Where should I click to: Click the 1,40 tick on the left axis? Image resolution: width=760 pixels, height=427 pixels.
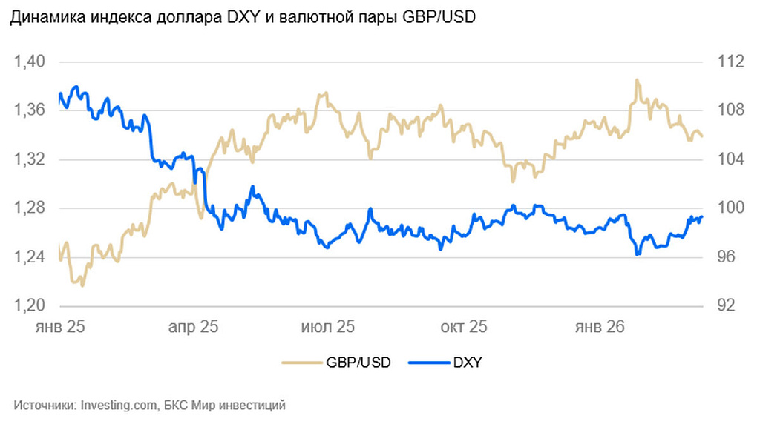[x=30, y=62]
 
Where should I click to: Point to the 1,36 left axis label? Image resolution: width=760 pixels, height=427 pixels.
[x=30, y=110]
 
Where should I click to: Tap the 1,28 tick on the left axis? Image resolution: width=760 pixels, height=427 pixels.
[x=30, y=208]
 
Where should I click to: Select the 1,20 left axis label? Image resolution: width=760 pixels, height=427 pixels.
[x=30, y=306]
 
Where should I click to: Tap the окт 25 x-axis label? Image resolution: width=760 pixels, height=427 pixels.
[x=464, y=326]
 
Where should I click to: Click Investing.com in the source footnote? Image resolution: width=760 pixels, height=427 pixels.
[x=119, y=406]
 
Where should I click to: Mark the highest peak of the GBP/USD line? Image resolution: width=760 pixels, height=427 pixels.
[x=637, y=80]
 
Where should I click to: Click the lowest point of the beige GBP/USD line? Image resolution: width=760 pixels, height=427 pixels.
[x=82, y=285]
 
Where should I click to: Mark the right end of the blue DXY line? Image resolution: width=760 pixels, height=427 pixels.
[x=701, y=216]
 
